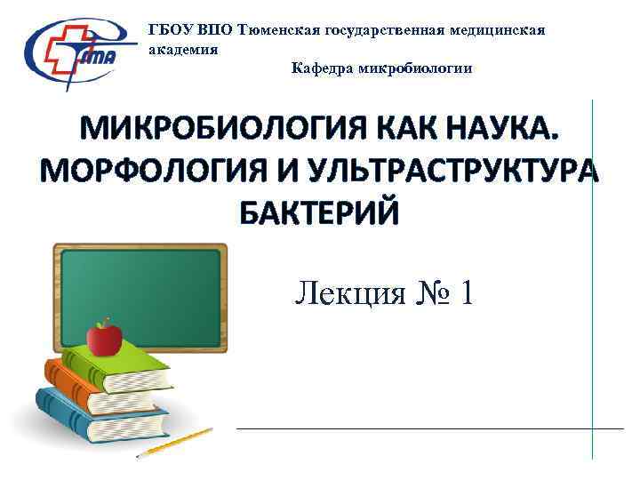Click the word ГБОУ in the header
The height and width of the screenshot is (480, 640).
pos(172,30)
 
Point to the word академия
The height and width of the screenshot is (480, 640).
pos(182,50)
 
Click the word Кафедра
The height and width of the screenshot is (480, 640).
pos(324,68)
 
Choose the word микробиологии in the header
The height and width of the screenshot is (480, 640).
pos(417,68)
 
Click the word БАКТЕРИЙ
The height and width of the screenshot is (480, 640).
pos(320,212)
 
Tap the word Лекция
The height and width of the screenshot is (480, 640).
pos(349,292)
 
